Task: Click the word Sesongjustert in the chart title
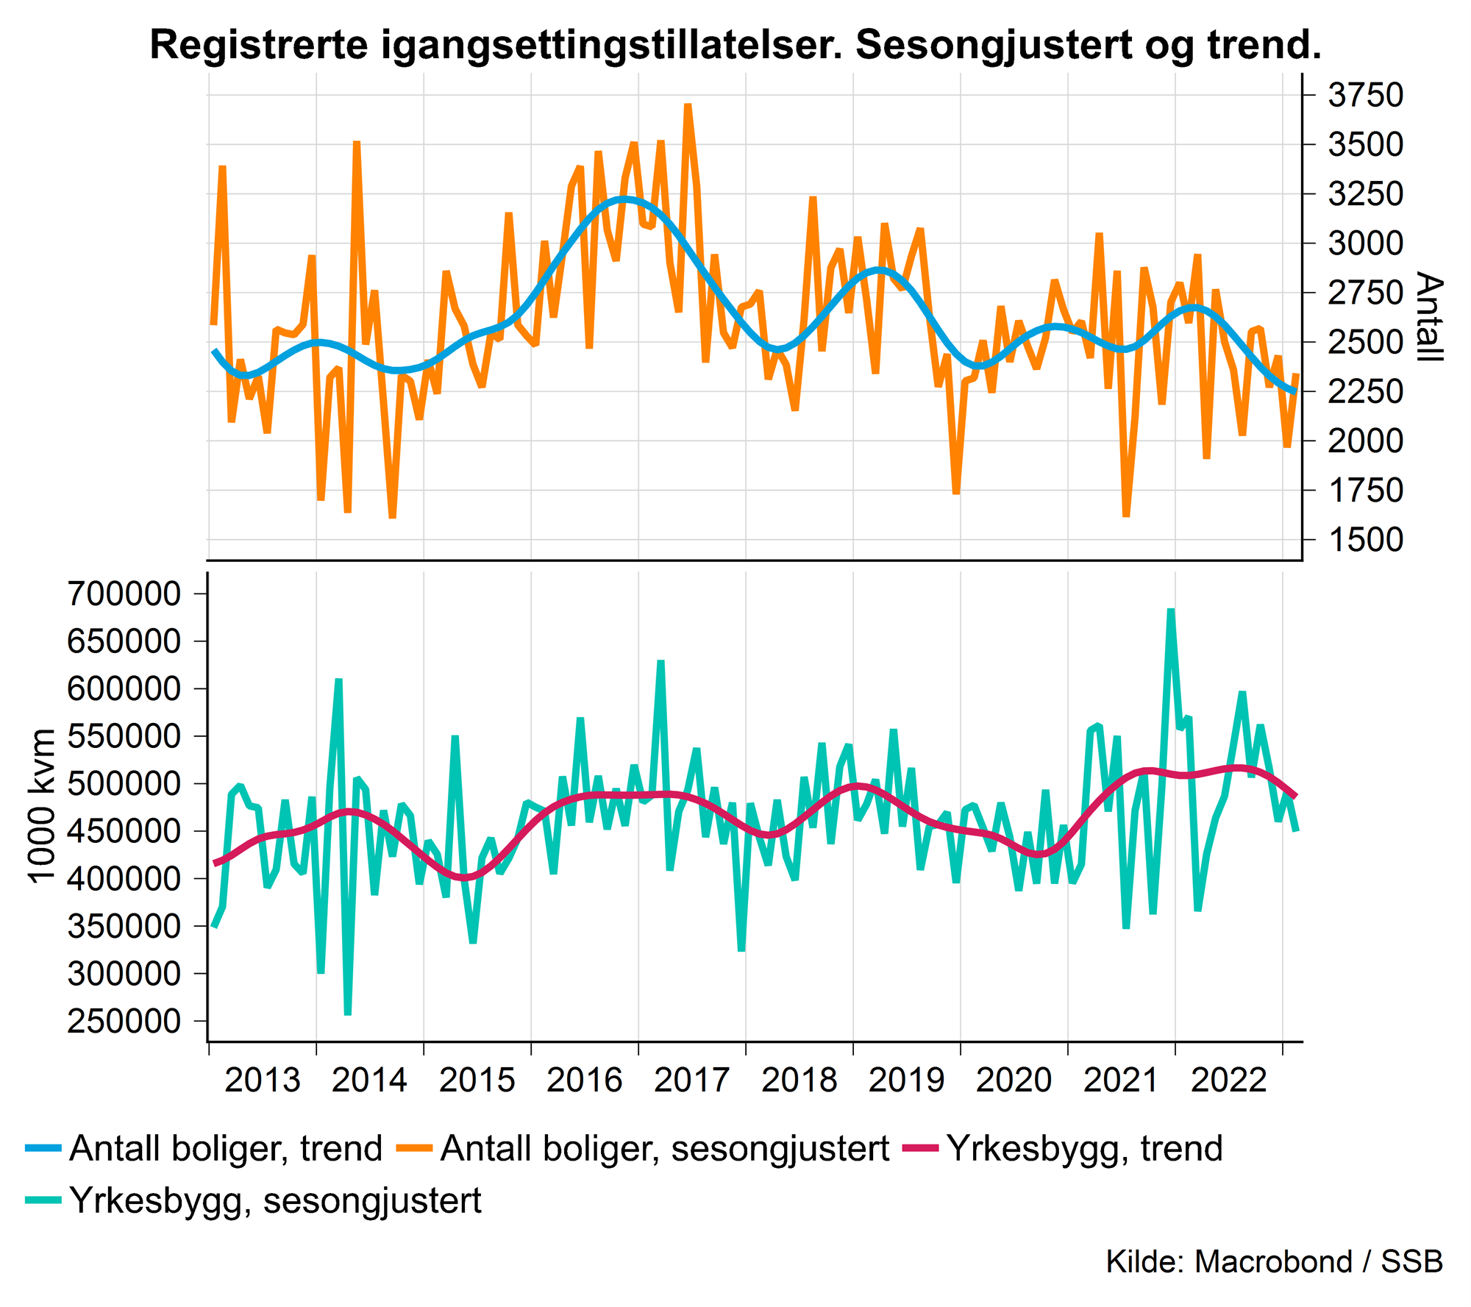(992, 46)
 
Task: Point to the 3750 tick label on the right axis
(1365, 95)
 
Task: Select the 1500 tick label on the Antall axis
(1365, 540)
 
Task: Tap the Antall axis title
(1428, 317)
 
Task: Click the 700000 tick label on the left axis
(124, 594)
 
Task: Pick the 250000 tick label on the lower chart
(124, 1021)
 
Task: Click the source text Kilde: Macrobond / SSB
(1274, 1261)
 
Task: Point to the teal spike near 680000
(1171, 610)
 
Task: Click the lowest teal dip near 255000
(348, 1014)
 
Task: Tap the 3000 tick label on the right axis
(1365, 243)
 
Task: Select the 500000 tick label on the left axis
(124, 783)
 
